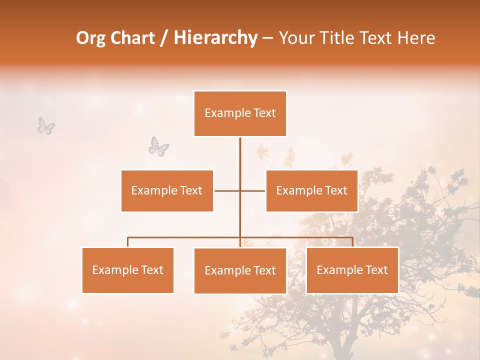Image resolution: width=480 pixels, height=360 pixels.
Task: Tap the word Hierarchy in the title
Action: [215, 38]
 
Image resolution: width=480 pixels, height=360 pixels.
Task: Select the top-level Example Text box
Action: [240, 113]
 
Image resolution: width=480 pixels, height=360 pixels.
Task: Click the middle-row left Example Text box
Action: [167, 190]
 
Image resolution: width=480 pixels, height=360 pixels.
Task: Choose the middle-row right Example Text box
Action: [311, 190]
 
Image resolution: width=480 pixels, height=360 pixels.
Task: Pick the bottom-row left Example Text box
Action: [128, 270]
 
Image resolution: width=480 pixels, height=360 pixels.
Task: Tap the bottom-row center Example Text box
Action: [240, 270]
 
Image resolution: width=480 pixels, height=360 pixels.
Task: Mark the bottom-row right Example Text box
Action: [352, 270]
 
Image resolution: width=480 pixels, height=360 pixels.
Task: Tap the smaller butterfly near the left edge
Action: [46, 125]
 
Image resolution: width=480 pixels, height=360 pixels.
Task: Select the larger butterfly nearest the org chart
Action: [158, 146]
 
